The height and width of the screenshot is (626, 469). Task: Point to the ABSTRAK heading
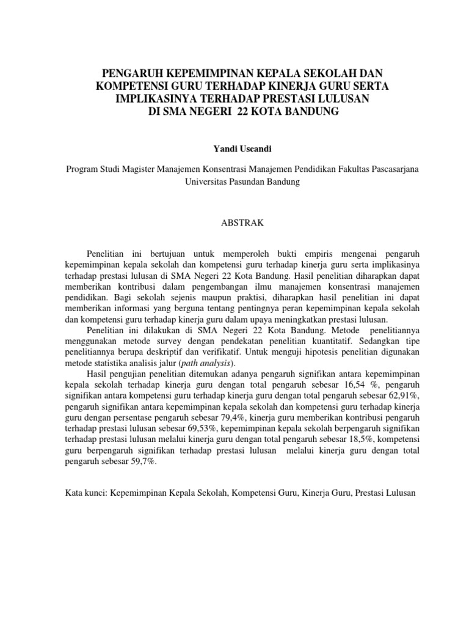pyautogui.click(x=242, y=223)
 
